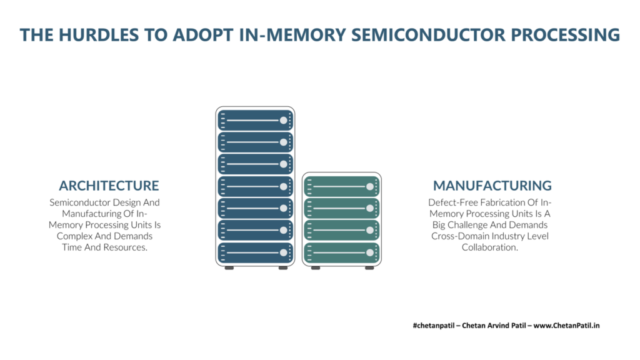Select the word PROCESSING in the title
tap(565, 35)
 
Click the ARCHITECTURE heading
tap(109, 186)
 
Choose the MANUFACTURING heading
tap(492, 186)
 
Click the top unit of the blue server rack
tap(255, 121)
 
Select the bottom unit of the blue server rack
tap(255, 252)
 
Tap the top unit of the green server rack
tap(342, 186)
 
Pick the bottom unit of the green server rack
tap(342, 252)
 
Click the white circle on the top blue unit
tap(283, 121)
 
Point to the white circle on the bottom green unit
tap(370, 252)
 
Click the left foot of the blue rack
tap(229, 268)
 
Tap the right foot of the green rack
tap(369, 268)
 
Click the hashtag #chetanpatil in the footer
tap(434, 325)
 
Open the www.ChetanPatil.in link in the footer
tap(566, 325)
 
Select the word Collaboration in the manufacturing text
tap(490, 247)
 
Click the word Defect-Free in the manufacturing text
tap(453, 202)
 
